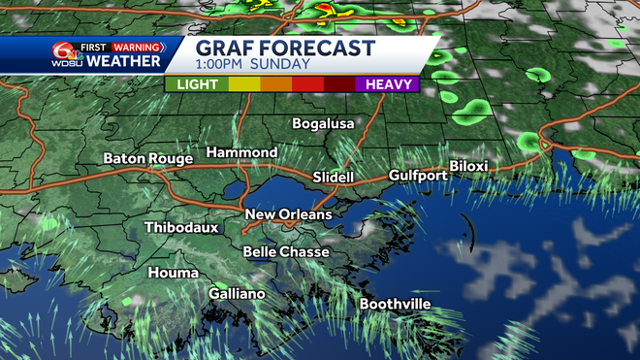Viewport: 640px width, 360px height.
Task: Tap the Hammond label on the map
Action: point(241,153)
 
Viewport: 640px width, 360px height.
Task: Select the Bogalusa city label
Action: point(324,123)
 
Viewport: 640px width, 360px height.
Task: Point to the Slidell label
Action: point(335,178)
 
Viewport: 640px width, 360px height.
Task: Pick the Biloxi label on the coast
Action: point(468,167)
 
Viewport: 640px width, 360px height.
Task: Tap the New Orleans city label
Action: point(288,214)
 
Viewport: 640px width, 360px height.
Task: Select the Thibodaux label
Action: point(181,228)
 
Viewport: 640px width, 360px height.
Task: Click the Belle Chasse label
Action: point(286,251)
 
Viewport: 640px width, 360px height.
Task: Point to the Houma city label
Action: point(173,274)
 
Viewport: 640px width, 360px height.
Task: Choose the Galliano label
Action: point(237,294)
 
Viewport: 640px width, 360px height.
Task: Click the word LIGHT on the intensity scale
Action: point(197,84)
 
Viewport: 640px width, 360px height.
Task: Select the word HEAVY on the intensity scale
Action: point(387,84)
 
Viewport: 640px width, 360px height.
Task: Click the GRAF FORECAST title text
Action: point(285,48)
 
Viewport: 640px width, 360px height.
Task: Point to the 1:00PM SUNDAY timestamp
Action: point(253,65)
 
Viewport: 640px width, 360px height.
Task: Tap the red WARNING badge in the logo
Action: point(136,46)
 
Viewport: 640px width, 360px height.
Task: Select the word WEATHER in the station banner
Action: point(124,61)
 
